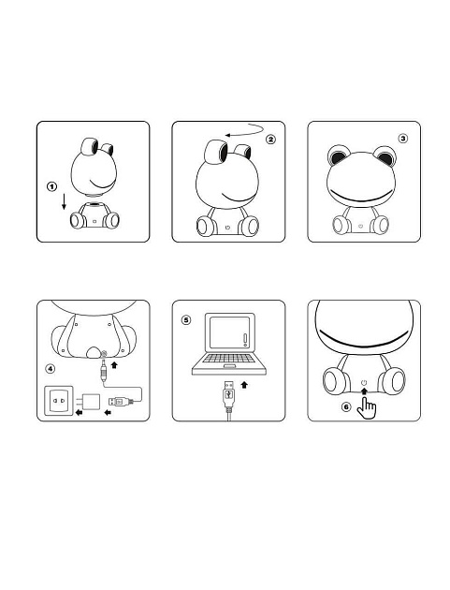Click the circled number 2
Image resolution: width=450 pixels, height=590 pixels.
tap(271, 140)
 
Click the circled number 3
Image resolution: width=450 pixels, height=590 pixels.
tap(402, 138)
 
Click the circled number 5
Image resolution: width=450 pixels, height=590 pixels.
tap(185, 319)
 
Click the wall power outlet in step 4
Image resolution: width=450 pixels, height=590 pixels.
tap(59, 403)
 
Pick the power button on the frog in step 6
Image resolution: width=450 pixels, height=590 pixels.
tap(363, 383)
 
